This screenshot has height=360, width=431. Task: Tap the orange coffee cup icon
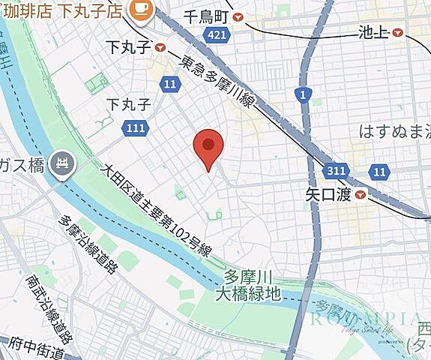point(139,7)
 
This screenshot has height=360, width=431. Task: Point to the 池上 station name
point(372,32)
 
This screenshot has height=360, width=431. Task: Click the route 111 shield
point(135,128)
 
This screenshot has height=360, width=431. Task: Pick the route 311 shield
point(337,172)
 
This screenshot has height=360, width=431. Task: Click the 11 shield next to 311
point(379,172)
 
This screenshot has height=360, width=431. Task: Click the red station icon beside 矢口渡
point(362,195)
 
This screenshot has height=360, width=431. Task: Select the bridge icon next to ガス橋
point(61,161)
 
